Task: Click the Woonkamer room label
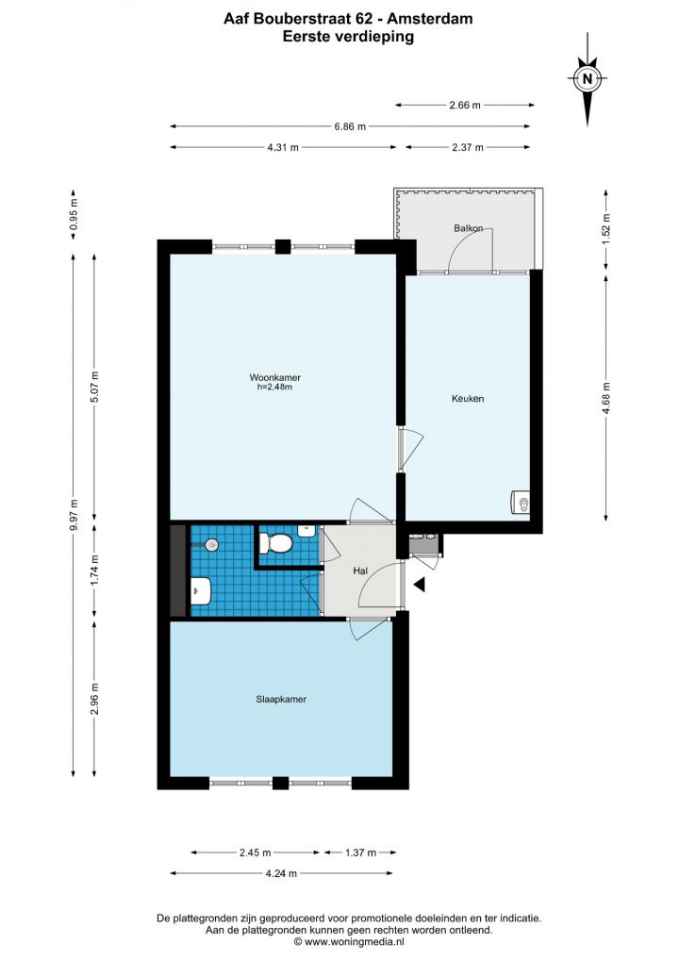point(275,378)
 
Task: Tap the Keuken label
point(468,399)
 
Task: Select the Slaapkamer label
point(281,699)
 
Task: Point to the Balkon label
point(469,228)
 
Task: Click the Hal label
point(360,571)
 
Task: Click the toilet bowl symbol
point(275,543)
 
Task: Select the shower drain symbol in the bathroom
point(211,544)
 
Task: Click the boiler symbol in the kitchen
point(521,504)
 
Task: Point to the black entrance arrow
point(420,585)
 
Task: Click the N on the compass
point(588,78)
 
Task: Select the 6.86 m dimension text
point(350,126)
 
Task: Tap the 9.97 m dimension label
point(74,515)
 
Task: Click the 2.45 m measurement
point(255,852)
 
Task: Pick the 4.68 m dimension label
point(606,398)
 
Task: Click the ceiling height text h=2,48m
point(274,387)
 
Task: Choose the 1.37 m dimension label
point(360,852)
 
